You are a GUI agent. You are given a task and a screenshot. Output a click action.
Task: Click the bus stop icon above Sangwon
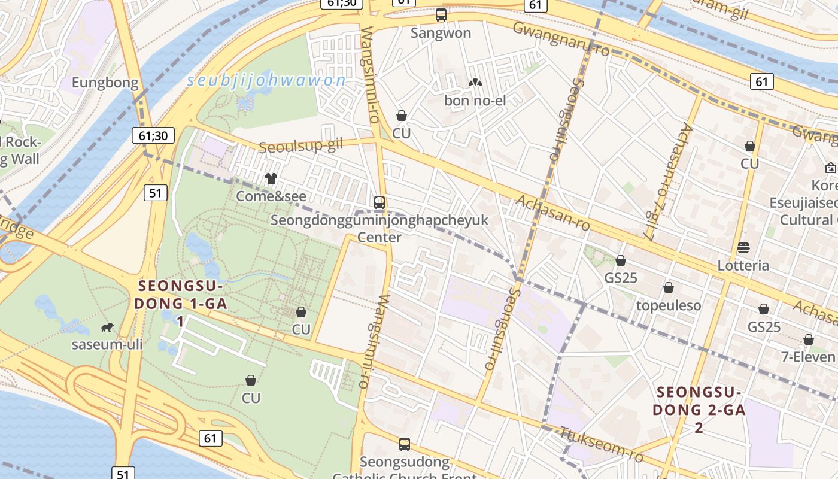point(441,15)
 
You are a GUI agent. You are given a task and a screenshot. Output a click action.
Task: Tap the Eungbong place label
point(105,83)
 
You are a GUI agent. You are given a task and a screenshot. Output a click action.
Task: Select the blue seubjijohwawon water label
point(266,81)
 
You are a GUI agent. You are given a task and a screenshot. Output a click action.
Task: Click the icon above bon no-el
point(475,83)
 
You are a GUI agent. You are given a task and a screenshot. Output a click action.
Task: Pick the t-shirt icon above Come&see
point(271,178)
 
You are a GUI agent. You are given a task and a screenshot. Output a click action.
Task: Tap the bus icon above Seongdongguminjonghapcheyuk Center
point(379,202)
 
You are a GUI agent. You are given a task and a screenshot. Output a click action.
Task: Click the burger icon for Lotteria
point(743,248)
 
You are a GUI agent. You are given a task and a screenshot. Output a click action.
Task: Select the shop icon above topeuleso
point(669,288)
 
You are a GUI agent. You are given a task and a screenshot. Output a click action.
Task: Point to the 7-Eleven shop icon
point(809,339)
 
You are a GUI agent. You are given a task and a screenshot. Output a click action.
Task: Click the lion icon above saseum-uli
point(107,327)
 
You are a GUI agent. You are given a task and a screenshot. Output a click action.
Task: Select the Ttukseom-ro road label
point(601,445)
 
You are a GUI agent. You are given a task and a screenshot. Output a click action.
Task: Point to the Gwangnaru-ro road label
point(561,39)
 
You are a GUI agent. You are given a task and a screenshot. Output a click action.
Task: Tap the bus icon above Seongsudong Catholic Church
point(405,444)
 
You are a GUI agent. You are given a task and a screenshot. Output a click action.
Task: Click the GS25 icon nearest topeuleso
point(621,260)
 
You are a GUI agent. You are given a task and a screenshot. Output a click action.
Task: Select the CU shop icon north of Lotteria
point(750,146)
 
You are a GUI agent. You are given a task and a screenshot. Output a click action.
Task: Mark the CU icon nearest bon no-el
point(402,116)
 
